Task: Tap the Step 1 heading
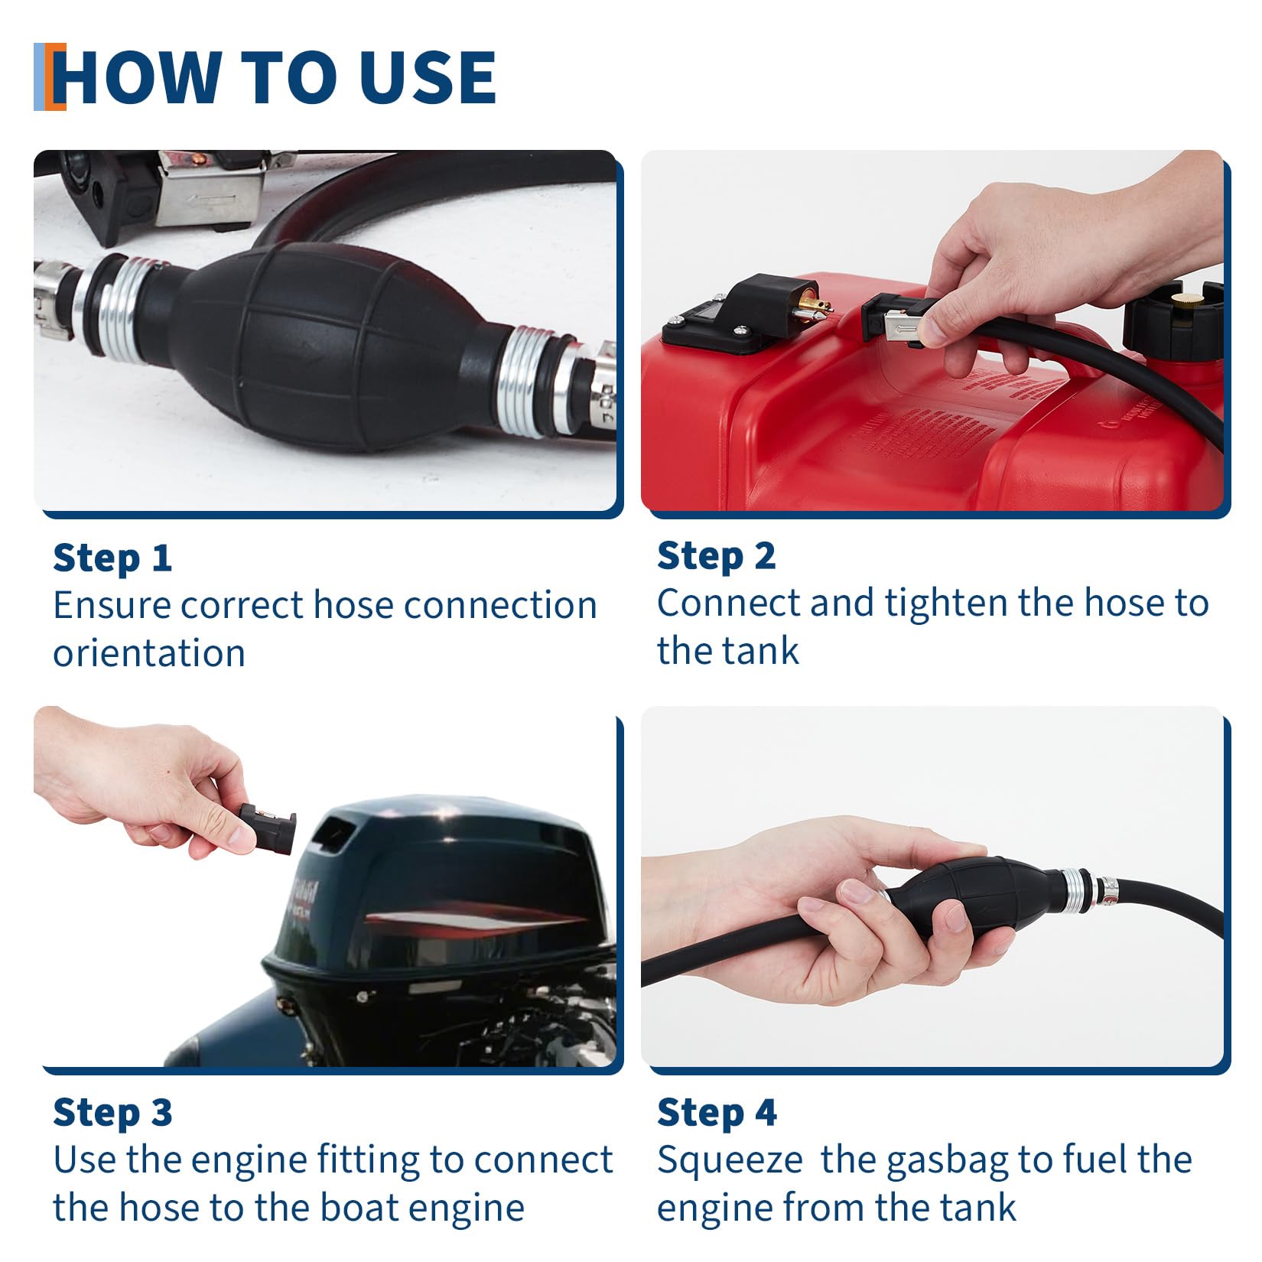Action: [x=112, y=558]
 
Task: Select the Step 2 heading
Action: [x=717, y=556]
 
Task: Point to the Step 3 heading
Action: [x=112, y=1112]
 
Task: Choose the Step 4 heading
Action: [x=717, y=1112]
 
